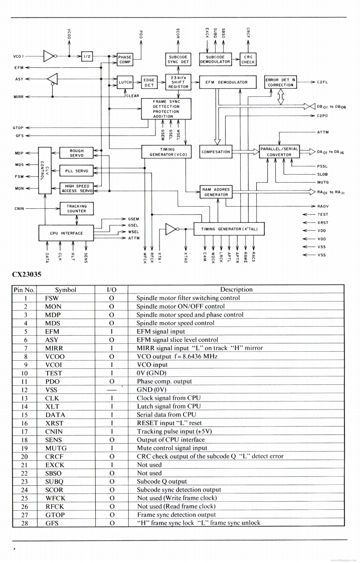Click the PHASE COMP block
click(x=125, y=60)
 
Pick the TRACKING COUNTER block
click(x=76, y=208)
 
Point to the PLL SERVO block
click(x=76, y=171)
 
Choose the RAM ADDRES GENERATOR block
click(x=216, y=192)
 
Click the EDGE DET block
click(x=149, y=82)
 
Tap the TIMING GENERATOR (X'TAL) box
click(x=229, y=229)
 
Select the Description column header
click(x=236, y=290)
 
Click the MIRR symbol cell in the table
click(x=54, y=348)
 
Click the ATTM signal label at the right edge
click(x=323, y=132)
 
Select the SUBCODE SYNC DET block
click(x=177, y=59)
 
